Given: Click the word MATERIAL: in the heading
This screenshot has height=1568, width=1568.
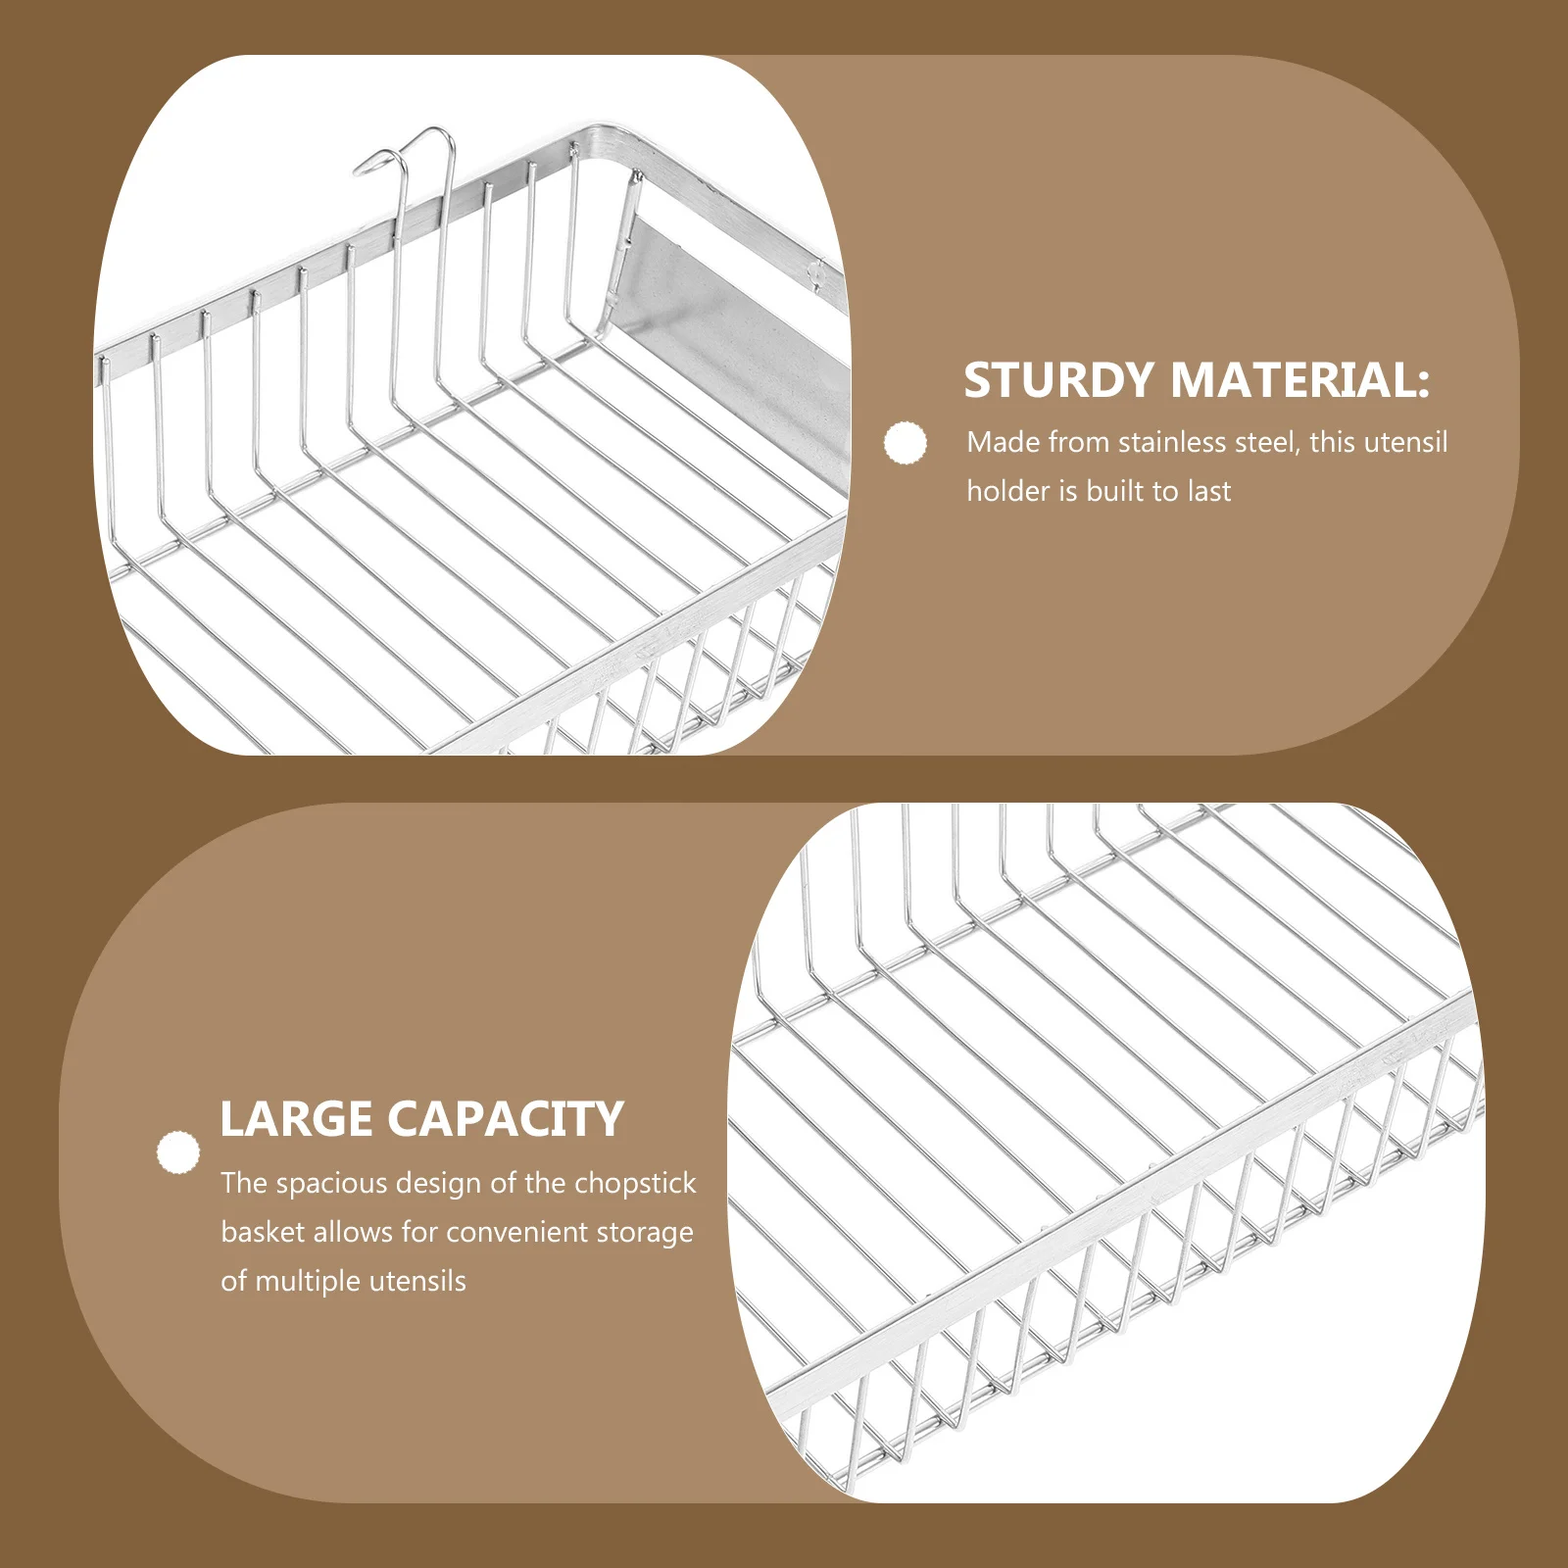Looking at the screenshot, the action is coord(1300,380).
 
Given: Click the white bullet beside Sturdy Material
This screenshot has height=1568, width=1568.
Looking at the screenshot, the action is coord(905,443).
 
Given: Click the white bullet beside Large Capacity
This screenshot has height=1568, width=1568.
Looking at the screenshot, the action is coord(177,1152).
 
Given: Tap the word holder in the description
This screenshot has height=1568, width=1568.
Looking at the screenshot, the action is coord(1008,491).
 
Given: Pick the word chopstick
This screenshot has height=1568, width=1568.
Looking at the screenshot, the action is coord(635,1183).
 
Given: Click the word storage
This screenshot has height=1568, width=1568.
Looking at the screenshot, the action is coord(645,1233).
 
